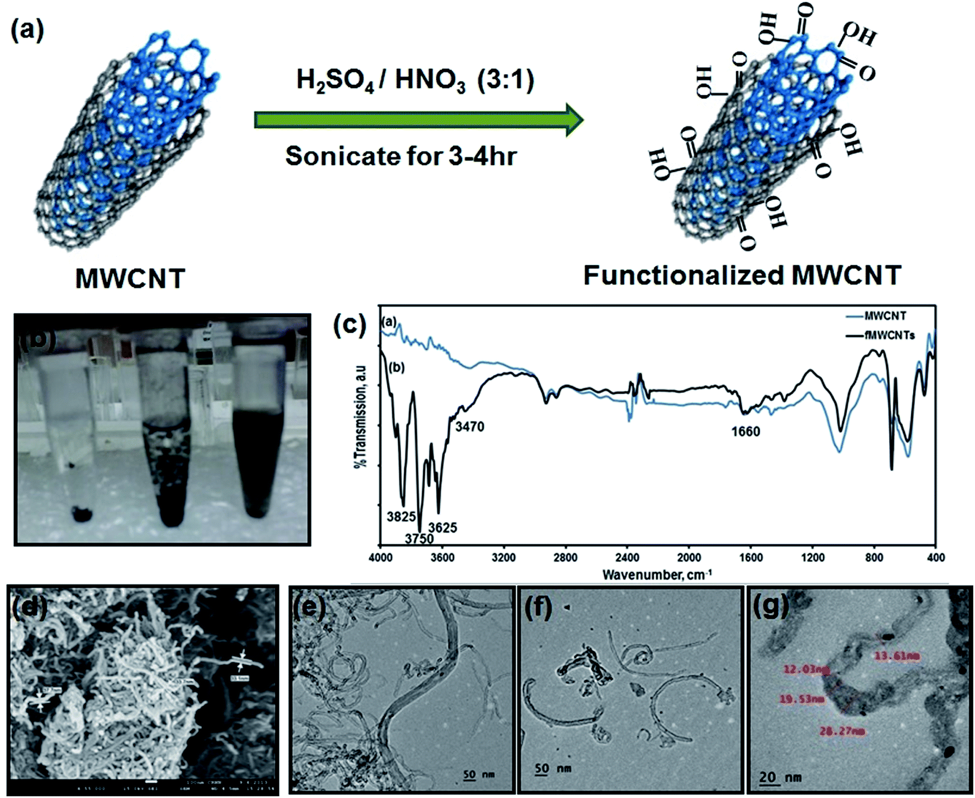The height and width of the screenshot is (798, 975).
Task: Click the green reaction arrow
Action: (418, 119)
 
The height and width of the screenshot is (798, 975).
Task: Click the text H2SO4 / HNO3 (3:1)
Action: (415, 80)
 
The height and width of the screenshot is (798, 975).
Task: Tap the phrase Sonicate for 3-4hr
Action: (401, 156)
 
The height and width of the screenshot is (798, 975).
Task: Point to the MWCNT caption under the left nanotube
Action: (130, 278)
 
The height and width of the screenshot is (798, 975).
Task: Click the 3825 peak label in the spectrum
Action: (401, 516)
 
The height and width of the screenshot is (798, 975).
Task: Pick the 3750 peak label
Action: (419, 539)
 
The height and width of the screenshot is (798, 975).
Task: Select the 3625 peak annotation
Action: (443, 527)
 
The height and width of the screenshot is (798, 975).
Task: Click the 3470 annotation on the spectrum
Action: (469, 426)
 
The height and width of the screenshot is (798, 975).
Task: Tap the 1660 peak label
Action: (746, 431)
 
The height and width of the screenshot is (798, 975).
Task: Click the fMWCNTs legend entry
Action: (889, 335)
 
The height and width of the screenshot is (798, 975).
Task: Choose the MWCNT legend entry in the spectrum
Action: (885, 316)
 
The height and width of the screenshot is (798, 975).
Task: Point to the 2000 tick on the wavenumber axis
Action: (689, 557)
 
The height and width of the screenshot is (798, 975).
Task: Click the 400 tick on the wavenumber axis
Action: (935, 557)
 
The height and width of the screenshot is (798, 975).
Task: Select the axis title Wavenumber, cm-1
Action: (657, 575)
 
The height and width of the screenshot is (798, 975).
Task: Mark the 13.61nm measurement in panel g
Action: (897, 656)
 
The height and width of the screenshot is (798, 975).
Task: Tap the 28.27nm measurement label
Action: (842, 731)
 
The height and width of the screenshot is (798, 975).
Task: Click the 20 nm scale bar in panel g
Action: (780, 777)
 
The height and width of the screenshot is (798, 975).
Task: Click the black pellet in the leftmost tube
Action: (81, 514)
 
